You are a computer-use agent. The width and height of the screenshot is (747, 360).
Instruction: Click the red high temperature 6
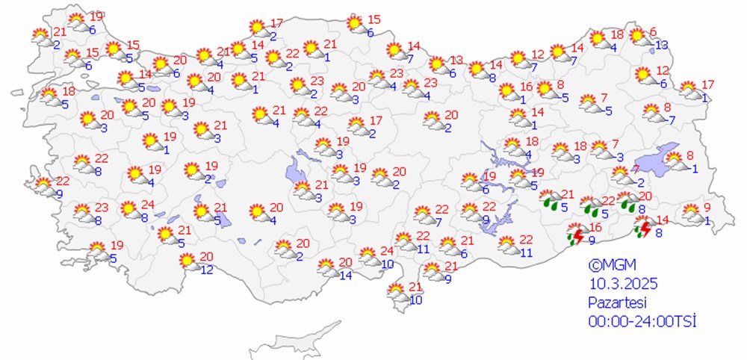tap(653, 31)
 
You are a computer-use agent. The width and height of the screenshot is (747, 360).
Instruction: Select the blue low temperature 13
tap(660, 46)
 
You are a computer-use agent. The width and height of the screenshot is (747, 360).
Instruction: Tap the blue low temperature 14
tap(345, 276)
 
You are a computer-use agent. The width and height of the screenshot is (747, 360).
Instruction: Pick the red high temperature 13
tap(456, 60)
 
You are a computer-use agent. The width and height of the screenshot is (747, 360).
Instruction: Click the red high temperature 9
tap(707, 208)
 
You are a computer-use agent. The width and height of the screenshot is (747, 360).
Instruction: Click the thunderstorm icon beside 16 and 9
tap(574, 235)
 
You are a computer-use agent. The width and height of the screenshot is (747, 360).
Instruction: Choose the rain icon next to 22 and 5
tap(593, 206)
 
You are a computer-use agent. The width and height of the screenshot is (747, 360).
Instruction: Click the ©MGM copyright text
tap(605, 266)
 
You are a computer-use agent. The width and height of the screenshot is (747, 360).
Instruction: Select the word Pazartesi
tap(616, 303)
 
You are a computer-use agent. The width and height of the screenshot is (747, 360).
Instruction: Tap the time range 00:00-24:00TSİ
tap(642, 321)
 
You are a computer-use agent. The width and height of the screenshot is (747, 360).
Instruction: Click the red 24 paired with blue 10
tap(386, 251)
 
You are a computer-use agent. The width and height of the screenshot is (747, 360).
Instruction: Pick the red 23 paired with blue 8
tap(102, 208)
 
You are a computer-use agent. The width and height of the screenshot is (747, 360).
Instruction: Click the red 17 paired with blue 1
tap(707, 84)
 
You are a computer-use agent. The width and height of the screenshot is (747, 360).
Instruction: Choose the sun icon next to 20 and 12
tap(186, 261)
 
